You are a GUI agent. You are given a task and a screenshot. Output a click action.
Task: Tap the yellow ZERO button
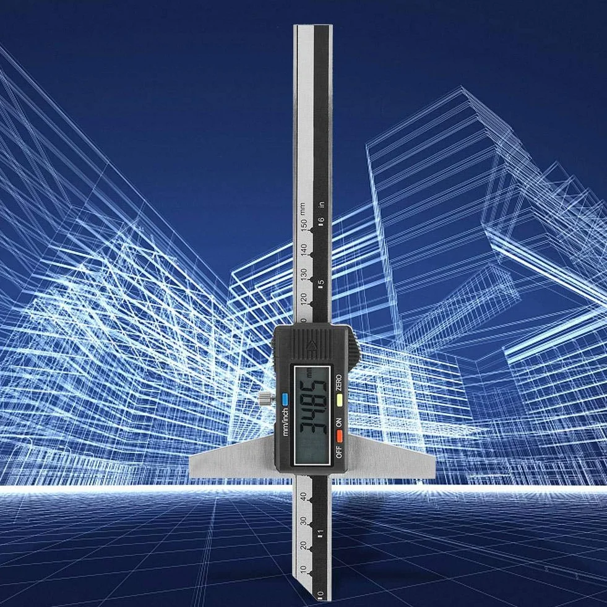point(340,398)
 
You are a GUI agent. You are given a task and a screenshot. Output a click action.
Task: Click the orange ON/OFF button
point(340,436)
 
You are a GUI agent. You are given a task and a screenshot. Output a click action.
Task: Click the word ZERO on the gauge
point(338,382)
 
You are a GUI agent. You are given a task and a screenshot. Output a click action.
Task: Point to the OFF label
point(338,452)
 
